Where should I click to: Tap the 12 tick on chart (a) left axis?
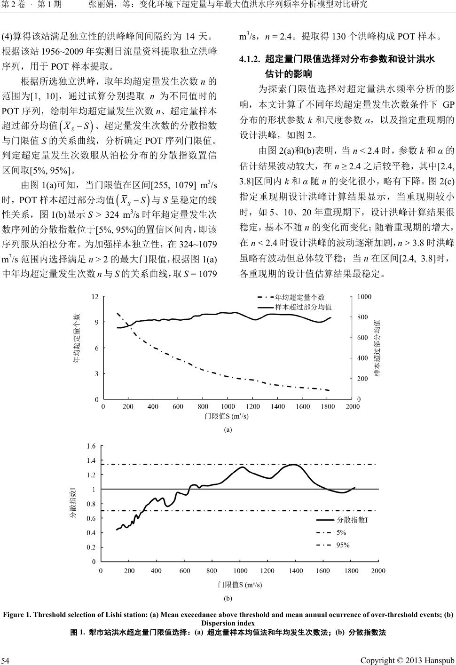pyautogui.click(x=95, y=297)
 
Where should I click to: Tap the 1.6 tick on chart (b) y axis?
pyautogui.click(x=91, y=446)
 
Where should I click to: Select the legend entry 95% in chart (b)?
pyautogui.click(x=343, y=546)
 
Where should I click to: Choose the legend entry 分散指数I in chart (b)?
pyautogui.click(x=352, y=520)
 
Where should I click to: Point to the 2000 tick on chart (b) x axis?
pyautogui.click(x=378, y=571)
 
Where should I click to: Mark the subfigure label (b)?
pyautogui.click(x=228, y=599)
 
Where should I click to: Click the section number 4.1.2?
pyautogui.click(x=250, y=60)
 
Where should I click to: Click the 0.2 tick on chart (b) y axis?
pyautogui.click(x=91, y=547)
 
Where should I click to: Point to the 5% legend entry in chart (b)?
pyautogui.click(x=341, y=533)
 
